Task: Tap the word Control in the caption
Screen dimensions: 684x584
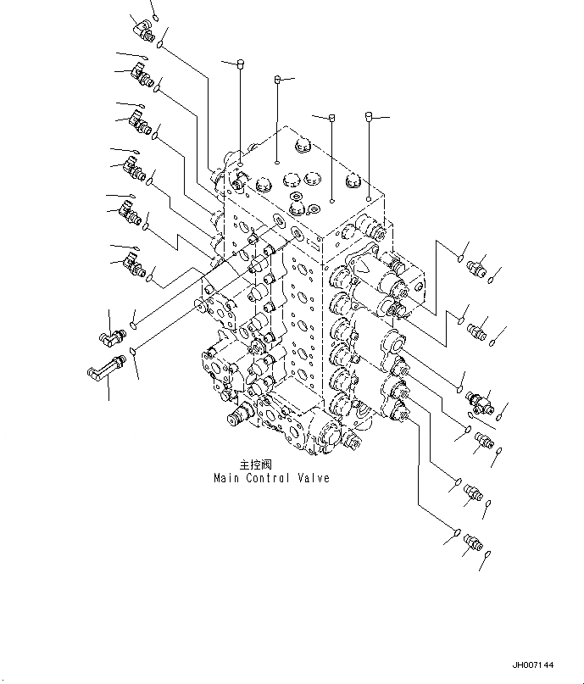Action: [270, 479]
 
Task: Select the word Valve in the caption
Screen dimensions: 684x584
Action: [314, 479]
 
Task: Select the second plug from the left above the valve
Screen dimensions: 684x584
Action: [278, 81]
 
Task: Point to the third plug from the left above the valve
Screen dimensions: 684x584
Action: [332, 118]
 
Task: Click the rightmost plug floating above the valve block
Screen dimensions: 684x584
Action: [370, 115]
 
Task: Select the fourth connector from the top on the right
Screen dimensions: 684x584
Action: [484, 440]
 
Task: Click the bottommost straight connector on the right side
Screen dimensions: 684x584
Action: [470, 542]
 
